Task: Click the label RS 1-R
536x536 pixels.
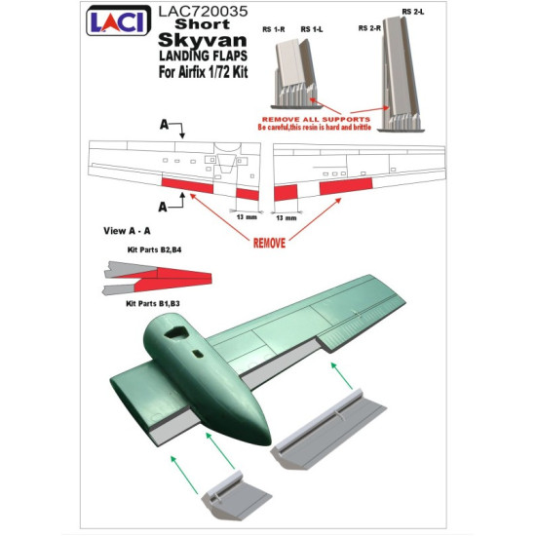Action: point(275,30)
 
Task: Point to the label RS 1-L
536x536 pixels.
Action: point(312,30)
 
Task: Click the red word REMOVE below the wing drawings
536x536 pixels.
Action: point(269,243)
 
